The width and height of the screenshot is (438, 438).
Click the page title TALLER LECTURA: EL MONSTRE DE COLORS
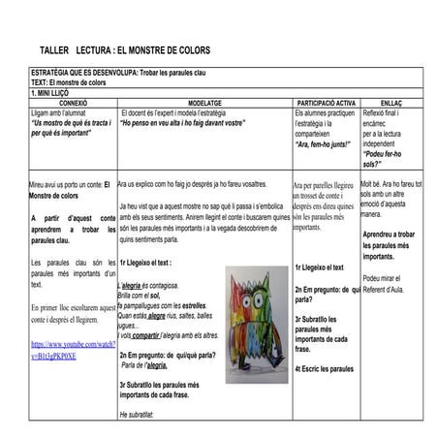pyautogui.click(x=124, y=50)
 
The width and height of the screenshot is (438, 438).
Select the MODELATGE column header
pyautogui.click(x=204, y=101)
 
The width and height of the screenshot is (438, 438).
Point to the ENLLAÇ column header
pyautogui.click(x=391, y=101)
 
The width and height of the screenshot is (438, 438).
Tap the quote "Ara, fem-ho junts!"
pyautogui.click(x=323, y=143)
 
